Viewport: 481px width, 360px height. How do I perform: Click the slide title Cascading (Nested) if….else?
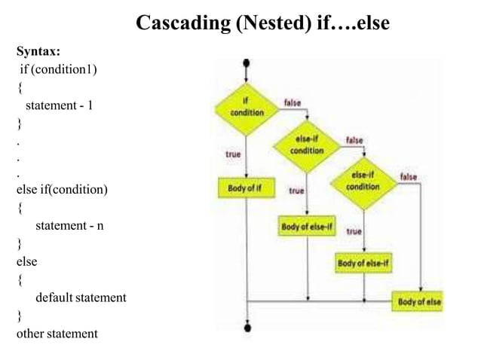coord(262,23)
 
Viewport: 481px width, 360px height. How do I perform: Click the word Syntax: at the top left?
coord(38,52)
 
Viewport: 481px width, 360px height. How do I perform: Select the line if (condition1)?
coord(59,69)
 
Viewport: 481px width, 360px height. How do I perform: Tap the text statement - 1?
coord(60,105)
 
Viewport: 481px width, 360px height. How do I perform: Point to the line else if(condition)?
coord(62,189)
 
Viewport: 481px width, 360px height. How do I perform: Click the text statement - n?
coord(69,225)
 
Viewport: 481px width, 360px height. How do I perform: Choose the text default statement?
coord(81,297)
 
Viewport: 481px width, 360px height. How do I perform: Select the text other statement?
coord(57,333)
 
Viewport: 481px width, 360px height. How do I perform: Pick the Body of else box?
coord(419,302)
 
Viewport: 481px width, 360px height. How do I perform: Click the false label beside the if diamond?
coord(294,102)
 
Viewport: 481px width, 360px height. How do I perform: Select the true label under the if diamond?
coord(233,154)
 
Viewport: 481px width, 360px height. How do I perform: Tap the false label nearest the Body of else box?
coord(409,176)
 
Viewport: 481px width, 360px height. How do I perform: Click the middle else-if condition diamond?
coord(307,145)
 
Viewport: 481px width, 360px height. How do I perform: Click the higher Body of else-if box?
coord(307,226)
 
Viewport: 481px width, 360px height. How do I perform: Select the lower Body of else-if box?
coord(363,263)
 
